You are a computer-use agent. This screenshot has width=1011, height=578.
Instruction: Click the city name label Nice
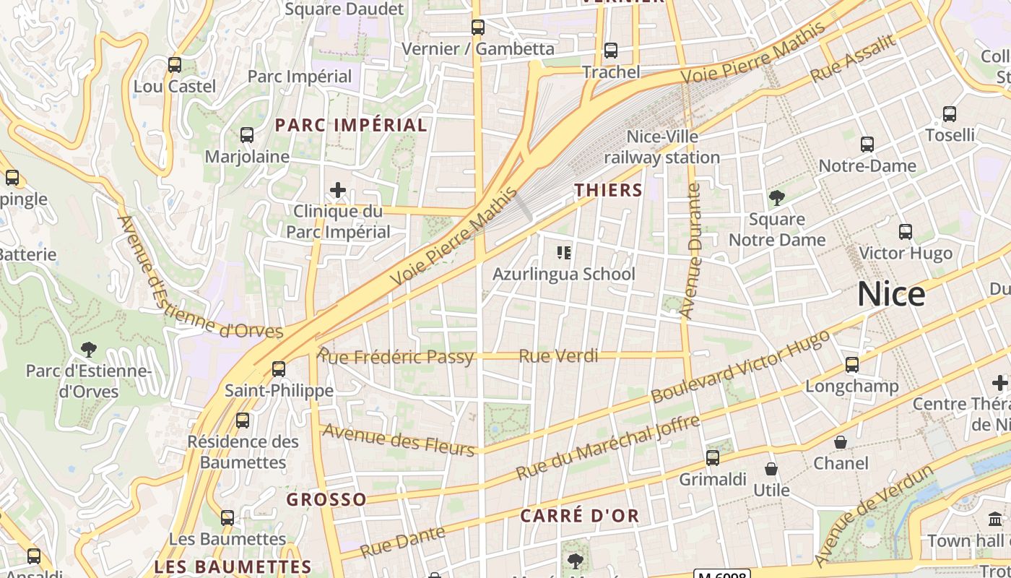(891, 294)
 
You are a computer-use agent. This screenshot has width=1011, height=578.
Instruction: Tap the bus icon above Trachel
(611, 51)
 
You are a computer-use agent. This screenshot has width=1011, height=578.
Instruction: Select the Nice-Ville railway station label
(662, 147)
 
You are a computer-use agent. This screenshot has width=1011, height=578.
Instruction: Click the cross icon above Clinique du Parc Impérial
(338, 190)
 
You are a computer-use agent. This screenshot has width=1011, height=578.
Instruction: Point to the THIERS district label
(608, 190)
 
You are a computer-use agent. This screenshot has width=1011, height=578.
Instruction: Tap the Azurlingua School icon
(564, 253)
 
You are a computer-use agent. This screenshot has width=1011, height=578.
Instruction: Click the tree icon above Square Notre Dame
(777, 197)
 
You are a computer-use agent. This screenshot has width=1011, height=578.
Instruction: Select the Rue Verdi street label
(559, 355)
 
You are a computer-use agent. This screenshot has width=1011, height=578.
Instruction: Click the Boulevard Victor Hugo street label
(740, 367)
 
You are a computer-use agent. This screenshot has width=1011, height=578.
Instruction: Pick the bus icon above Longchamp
(852, 365)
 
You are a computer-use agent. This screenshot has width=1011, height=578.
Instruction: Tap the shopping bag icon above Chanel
(841, 441)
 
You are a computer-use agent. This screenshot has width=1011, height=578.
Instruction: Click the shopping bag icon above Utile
(771, 469)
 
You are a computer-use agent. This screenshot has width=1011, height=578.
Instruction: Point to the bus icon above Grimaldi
(713, 457)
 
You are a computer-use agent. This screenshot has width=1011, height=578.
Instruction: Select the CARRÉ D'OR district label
(580, 516)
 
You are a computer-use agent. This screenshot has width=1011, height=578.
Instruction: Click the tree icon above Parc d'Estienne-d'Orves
(89, 350)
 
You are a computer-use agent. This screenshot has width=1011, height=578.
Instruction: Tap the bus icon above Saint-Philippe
(279, 369)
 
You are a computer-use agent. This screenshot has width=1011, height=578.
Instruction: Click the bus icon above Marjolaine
(247, 135)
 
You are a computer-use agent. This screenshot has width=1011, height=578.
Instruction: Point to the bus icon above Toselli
(950, 114)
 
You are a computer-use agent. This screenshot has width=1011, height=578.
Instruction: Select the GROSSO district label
(326, 499)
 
